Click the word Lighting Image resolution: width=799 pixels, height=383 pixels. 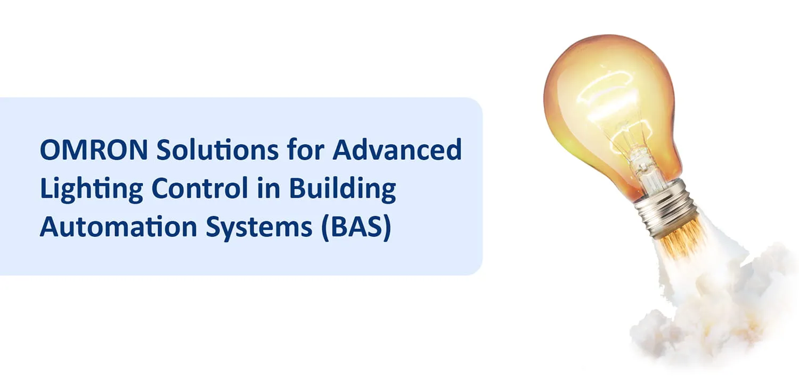click(x=90, y=190)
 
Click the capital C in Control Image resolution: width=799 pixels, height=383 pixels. click(x=161, y=189)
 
